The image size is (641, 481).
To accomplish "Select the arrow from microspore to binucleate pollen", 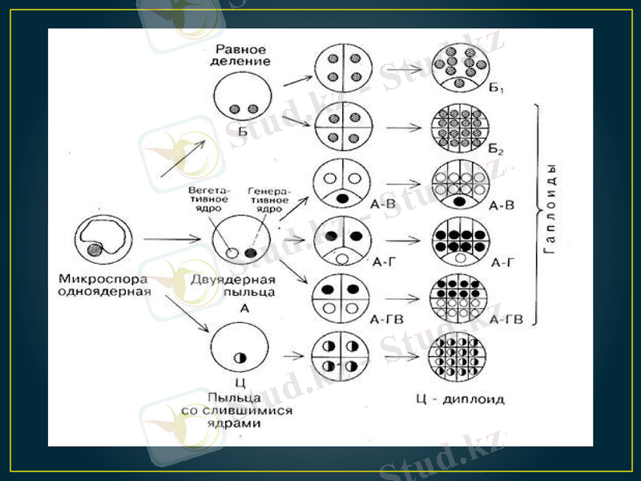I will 171,239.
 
